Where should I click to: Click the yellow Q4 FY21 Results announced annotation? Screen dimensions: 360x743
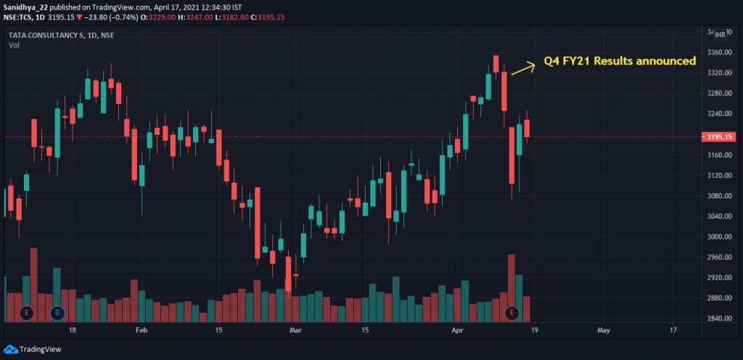620,61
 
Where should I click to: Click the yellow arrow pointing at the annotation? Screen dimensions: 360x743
522,67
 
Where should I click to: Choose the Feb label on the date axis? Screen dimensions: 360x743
141,330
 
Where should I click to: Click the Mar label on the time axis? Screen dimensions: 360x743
295,330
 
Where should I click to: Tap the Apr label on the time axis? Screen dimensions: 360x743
457,330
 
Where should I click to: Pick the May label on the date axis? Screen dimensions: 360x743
603,330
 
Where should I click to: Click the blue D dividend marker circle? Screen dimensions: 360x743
57,313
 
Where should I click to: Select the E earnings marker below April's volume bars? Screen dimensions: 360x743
512,313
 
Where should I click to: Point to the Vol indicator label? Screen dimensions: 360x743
14,46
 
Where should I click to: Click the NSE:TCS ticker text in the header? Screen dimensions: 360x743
19,15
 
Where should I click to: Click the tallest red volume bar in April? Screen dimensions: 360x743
512,279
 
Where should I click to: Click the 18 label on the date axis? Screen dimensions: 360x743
73,330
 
